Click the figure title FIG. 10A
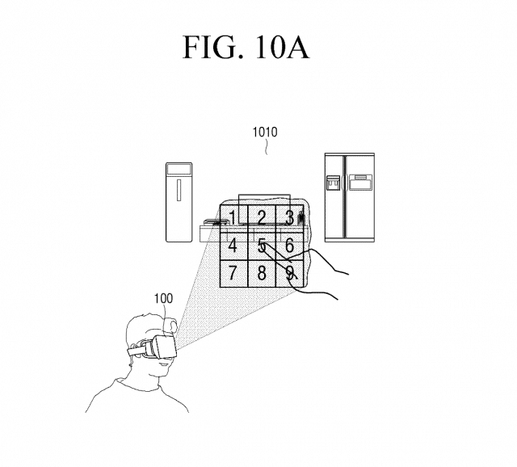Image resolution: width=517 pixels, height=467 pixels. point(246,46)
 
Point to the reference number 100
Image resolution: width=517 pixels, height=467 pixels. point(162,299)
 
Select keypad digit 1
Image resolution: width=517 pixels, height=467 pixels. point(233,217)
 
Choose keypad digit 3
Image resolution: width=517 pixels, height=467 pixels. point(288,217)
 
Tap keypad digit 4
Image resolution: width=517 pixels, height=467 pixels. point(233,244)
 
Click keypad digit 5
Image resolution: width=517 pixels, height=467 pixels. point(261,244)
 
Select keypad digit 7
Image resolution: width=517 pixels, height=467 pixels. point(233,272)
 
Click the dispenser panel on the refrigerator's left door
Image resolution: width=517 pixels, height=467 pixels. point(333,183)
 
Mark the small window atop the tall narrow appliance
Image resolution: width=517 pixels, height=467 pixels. point(179,170)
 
